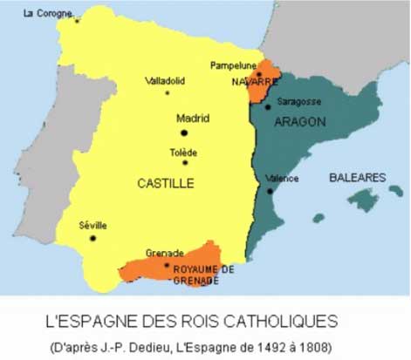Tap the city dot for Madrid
click(185, 132)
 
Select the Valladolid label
click(167, 81)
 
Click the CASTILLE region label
click(165, 183)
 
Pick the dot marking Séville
click(92, 237)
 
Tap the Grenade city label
click(164, 253)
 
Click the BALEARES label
click(357, 178)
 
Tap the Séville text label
click(92, 224)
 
